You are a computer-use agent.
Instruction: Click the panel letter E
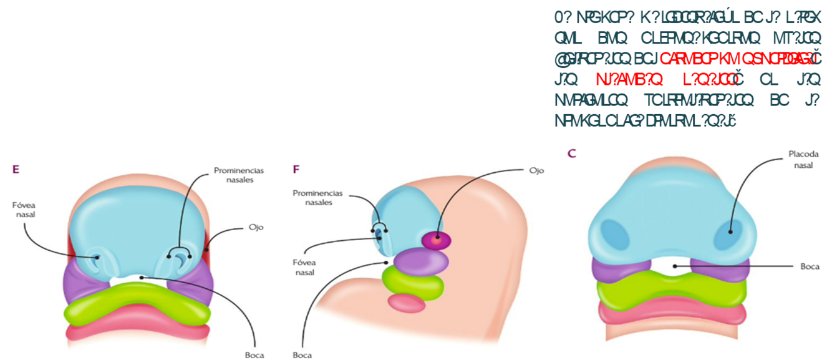pos(16,168)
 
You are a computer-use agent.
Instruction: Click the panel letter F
pos(296,168)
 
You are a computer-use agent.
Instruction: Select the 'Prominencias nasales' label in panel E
pos(238,175)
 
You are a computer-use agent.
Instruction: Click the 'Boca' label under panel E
pos(254,355)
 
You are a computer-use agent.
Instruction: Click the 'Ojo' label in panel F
pos(536,170)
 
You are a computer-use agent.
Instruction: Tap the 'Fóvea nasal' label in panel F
pos(306,266)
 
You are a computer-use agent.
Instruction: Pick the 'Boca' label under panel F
pos(302,355)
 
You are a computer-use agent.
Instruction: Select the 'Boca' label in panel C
pos(810,266)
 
